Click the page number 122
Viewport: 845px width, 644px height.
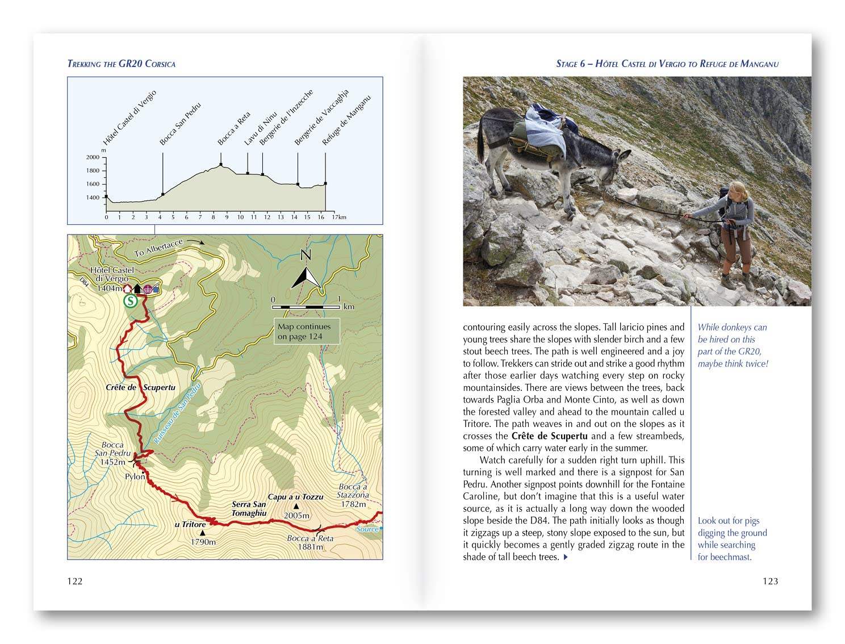75,581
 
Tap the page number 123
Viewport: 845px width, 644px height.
770,581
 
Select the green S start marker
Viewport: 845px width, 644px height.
131,301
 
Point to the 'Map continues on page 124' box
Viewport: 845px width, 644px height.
306,331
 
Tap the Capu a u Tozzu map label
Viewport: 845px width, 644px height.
295,497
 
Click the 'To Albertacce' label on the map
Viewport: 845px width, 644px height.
159,248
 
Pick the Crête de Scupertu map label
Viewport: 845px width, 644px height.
140,387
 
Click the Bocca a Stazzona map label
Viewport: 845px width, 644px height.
353,491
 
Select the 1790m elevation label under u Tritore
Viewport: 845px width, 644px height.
203,542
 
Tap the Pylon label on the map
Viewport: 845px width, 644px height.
135,476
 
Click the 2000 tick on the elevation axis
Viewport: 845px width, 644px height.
93,157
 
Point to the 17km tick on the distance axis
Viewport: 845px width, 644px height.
339,217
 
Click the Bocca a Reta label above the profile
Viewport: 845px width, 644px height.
234,128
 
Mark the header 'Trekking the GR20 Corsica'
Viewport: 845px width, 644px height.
122,64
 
